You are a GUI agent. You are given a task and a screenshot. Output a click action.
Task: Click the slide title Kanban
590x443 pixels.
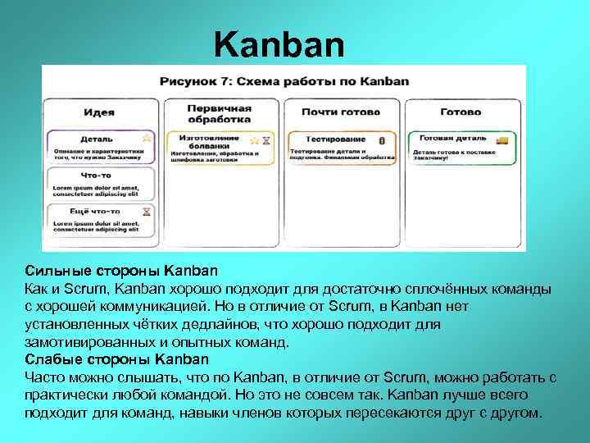click(279, 45)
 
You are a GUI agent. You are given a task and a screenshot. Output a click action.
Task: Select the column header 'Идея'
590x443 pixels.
click(98, 112)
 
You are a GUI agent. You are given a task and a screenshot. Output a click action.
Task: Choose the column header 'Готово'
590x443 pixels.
click(461, 112)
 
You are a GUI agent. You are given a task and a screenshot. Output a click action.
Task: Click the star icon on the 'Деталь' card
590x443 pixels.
click(147, 137)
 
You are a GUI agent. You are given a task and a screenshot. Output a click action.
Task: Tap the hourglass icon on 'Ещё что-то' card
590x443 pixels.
click(147, 211)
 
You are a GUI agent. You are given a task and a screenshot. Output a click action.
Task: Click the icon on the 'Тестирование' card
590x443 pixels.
click(382, 140)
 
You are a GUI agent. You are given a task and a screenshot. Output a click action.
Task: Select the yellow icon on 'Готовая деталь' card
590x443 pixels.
click(502, 140)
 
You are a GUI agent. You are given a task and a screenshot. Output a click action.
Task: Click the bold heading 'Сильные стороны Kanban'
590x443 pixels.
click(121, 270)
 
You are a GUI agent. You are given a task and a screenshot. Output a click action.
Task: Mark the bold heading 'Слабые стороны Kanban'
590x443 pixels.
click(116, 359)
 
